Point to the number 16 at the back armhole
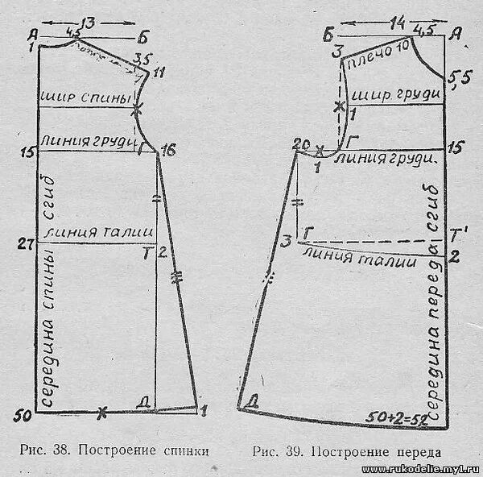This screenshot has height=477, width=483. pyautogui.click(x=167, y=151)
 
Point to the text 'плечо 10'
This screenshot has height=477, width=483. pyautogui.click(x=378, y=56)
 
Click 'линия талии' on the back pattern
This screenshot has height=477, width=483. pyautogui.click(x=98, y=231)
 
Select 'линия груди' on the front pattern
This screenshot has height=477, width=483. pyautogui.click(x=390, y=159)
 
